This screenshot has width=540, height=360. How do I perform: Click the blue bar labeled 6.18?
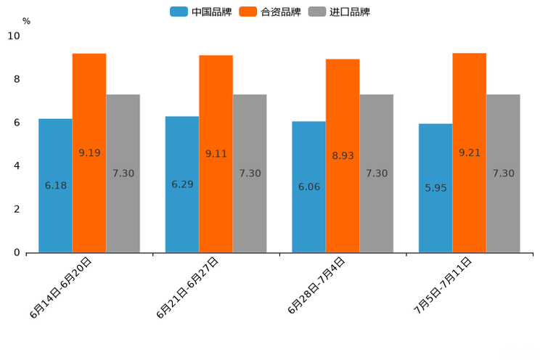pos(55,186)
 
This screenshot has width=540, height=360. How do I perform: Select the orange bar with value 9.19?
pos(89,153)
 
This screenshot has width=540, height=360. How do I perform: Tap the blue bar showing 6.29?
pos(182,184)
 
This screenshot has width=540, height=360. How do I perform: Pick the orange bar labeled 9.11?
pos(216,154)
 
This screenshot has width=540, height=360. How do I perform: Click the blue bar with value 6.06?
pos(308,187)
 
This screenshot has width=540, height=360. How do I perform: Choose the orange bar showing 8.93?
pos(343,156)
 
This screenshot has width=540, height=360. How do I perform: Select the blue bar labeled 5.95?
pos(435,188)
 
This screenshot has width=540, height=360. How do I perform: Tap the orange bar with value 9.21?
pos(470,153)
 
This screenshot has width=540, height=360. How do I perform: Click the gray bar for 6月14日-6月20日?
pos(123,173)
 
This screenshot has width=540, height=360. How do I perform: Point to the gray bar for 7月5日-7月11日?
pos(503,173)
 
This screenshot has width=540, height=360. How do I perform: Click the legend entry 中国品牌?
pos(201,12)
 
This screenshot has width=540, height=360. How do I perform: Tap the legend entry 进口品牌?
pos(340,12)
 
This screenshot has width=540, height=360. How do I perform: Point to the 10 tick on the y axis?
pos(14,36)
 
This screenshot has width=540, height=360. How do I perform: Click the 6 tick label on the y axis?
pos(17,123)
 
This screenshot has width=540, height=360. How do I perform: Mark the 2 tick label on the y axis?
pos(17,209)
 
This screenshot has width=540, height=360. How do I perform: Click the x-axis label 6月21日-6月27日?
pos(187,288)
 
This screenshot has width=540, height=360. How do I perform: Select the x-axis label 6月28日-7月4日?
pos(316,286)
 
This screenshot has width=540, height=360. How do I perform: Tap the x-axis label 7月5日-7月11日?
pos(443,286)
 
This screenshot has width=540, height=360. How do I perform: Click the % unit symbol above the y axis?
pos(26,21)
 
